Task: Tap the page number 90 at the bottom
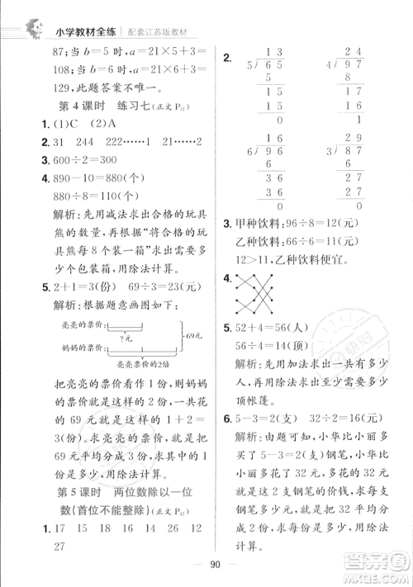(206, 564)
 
